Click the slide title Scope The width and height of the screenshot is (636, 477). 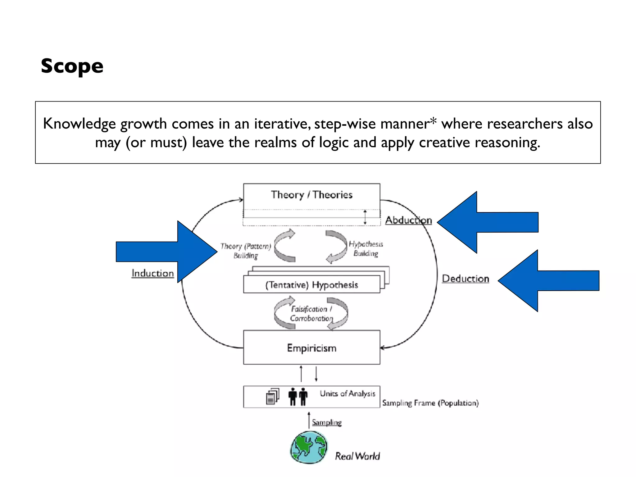(x=72, y=66)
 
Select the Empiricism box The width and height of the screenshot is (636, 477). (x=311, y=348)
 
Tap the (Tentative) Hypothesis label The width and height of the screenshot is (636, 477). (x=311, y=285)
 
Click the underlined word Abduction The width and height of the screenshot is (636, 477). (x=408, y=220)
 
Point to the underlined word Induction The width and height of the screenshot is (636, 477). (x=152, y=273)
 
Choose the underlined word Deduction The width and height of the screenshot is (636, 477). (x=465, y=279)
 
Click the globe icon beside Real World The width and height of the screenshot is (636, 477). (x=309, y=447)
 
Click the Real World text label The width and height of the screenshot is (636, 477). (x=357, y=456)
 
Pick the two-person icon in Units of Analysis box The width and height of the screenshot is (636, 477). (x=298, y=397)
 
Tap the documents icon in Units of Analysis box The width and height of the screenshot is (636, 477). (x=272, y=397)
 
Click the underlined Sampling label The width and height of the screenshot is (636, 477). (x=327, y=422)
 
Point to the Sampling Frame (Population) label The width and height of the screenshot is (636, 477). (x=430, y=403)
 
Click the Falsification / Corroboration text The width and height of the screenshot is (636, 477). (x=311, y=314)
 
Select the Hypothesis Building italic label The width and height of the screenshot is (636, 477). (x=366, y=248)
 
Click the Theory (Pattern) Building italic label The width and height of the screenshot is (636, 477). (x=245, y=251)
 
